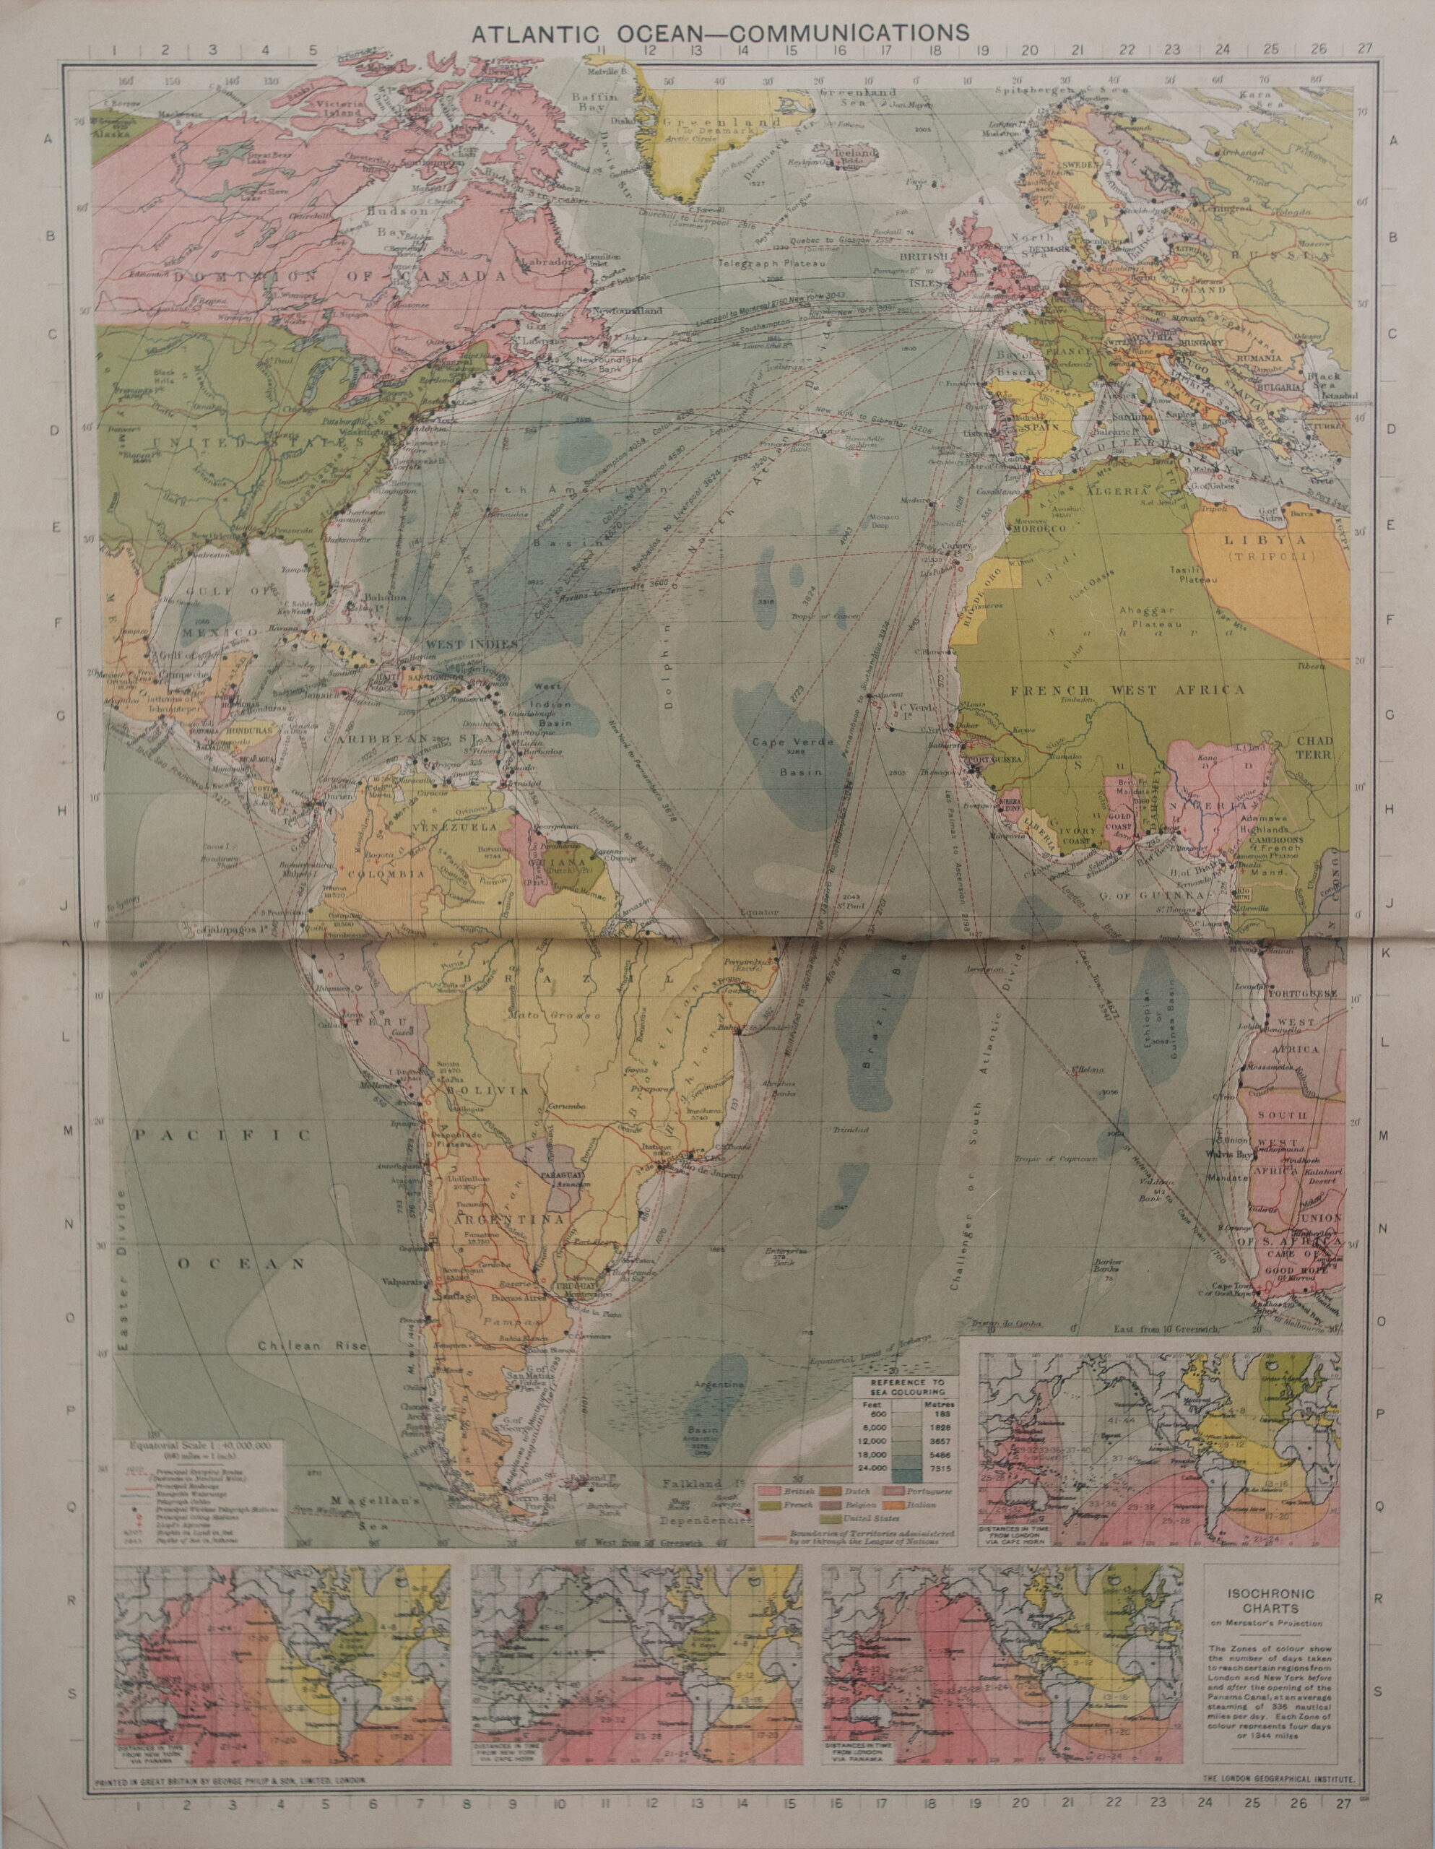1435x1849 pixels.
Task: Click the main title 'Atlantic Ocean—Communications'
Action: coord(719,33)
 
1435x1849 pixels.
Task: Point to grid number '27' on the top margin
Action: coord(1365,49)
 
